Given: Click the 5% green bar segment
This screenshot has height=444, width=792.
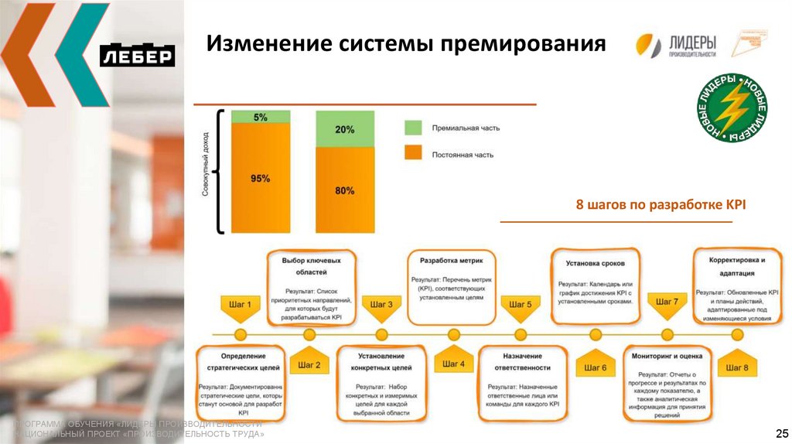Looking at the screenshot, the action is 261,118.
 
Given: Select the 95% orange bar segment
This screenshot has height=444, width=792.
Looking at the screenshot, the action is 261,179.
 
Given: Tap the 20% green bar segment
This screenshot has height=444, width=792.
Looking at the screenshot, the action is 345,129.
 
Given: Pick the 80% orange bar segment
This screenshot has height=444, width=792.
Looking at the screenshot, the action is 345,190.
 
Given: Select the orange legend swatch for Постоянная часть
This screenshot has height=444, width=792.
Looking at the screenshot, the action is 414,153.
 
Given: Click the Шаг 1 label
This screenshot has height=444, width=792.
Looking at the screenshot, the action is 240,305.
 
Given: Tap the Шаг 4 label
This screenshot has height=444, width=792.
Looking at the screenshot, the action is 452,364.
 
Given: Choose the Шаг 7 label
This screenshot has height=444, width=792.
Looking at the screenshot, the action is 667,302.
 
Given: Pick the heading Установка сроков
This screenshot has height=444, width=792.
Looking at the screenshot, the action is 595,263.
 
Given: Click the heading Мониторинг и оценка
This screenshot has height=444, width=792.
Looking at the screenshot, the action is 667,357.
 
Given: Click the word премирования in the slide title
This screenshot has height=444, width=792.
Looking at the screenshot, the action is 523,43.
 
